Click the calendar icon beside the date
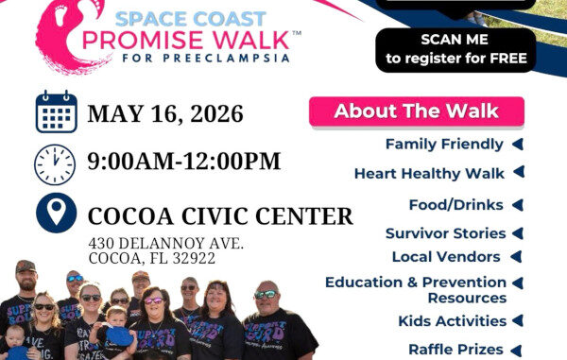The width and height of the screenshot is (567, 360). click(x=57, y=111)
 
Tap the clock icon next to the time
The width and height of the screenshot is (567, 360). click(x=55, y=164)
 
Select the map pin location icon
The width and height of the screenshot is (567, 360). click(x=57, y=213)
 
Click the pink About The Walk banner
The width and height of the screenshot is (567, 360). click(x=417, y=111)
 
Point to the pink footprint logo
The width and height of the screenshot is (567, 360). click(x=69, y=36)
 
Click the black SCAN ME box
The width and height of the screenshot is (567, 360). click(x=455, y=50)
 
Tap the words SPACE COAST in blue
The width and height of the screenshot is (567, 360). click(x=191, y=19)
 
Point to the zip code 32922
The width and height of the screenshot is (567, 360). click(x=194, y=259)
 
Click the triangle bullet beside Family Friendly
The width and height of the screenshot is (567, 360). click(x=518, y=145)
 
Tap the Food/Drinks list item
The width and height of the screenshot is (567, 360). click(x=456, y=205)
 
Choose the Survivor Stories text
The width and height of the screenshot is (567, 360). click(x=445, y=233)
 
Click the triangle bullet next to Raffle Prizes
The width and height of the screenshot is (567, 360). click(x=516, y=351)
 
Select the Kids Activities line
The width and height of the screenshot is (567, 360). click(x=452, y=321)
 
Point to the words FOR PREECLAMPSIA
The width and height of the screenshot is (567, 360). click(x=206, y=59)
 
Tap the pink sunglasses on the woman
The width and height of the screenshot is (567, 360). click(x=153, y=300)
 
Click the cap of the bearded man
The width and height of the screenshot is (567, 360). click(x=26, y=266)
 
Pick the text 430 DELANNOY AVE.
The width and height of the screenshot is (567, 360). click(x=166, y=243)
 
